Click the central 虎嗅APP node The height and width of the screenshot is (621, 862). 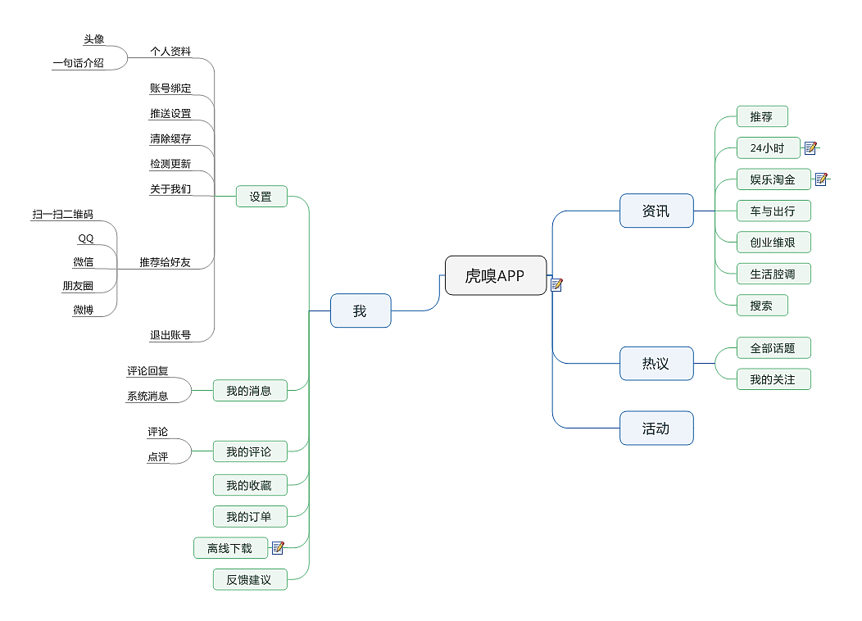tap(495, 275)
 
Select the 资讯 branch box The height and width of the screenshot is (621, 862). tap(656, 211)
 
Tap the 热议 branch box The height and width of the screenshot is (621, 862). tap(656, 363)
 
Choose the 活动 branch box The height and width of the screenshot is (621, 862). tap(656, 428)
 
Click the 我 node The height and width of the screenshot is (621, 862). tap(361, 310)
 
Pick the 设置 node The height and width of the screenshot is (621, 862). tap(261, 197)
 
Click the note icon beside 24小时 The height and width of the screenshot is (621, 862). tap(810, 148)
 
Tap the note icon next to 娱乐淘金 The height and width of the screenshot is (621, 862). tap(821, 179)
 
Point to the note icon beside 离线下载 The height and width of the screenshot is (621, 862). tap(278, 548)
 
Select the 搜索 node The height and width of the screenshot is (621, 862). tap(762, 306)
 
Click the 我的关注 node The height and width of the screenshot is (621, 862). tap(774, 379)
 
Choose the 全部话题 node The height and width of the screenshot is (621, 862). tap(774, 348)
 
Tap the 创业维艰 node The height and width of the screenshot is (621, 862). tap(774, 243)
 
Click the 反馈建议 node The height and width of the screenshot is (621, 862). tap(250, 580)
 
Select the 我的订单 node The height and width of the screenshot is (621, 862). tap(250, 517)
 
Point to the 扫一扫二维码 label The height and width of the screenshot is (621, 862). tap(63, 215)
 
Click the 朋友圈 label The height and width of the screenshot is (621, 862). tap(78, 286)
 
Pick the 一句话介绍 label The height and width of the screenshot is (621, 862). tap(79, 62)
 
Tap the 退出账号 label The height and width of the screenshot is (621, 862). tap(170, 335)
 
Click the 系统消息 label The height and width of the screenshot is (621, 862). tap(147, 397)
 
